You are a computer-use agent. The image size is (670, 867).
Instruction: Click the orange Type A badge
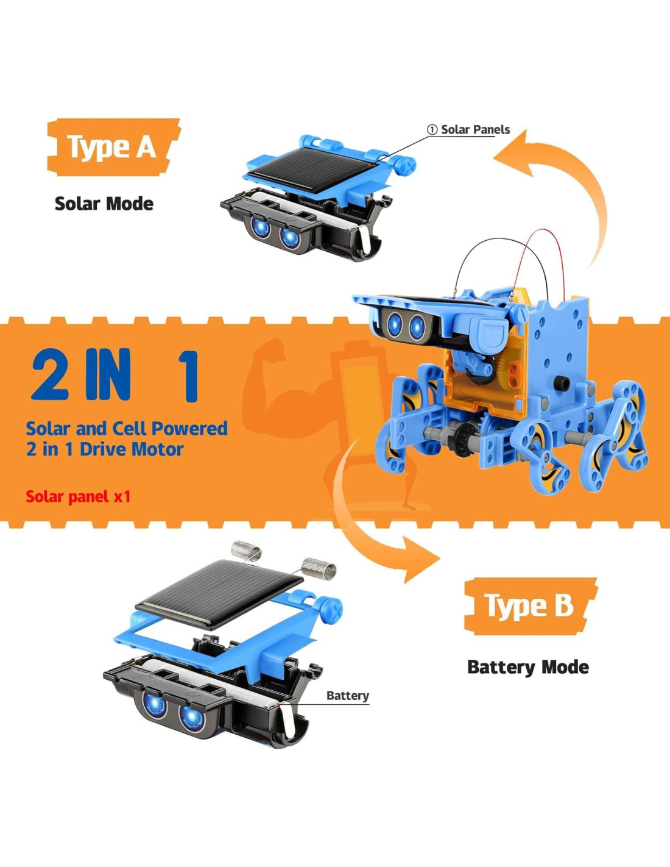pos(113,147)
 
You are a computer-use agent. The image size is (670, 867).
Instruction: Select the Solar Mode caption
pos(104,204)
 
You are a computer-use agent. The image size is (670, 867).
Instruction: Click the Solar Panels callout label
pos(468,130)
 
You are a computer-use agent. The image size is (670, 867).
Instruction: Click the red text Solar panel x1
pos(78,497)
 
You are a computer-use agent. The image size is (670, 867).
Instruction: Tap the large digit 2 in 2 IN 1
pos(49,374)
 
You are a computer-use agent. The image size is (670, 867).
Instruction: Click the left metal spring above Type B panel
pos(246,551)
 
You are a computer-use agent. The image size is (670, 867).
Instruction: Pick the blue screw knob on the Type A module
pos(406,165)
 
